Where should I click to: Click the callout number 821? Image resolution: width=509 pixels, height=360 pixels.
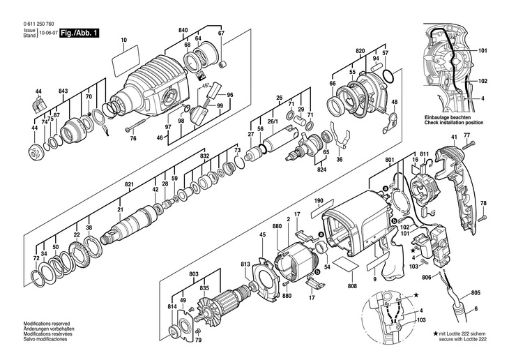(x=129, y=184)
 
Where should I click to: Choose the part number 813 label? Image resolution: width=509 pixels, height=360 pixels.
(x=245, y=265)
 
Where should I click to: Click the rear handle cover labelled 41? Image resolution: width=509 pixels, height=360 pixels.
(x=457, y=181)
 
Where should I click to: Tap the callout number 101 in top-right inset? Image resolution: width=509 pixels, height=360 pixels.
(x=483, y=50)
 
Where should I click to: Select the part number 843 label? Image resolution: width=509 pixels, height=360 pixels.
(x=63, y=92)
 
